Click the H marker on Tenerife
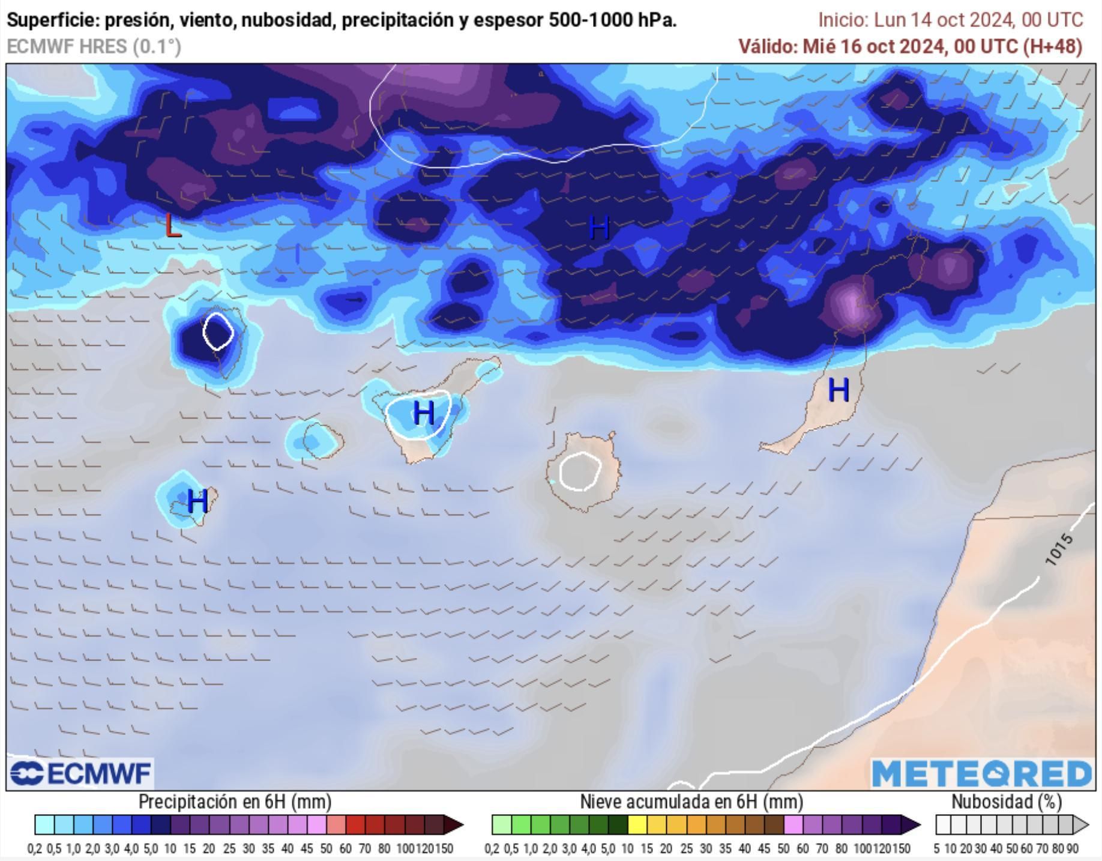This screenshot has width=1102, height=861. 424,413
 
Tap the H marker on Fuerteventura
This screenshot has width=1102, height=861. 838,390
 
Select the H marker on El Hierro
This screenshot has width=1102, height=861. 197,501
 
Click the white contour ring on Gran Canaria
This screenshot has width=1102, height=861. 579,471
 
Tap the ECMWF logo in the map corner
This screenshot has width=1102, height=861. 80,773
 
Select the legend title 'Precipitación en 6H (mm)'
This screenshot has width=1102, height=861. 235,802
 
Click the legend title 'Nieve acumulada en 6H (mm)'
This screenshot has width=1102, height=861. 691,802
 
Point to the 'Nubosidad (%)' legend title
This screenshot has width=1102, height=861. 1006,802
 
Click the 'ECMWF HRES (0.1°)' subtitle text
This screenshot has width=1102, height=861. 94,46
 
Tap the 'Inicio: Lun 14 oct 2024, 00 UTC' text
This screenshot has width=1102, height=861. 951,20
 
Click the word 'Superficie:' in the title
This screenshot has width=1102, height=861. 53,20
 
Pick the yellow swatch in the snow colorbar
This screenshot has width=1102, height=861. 637,825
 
